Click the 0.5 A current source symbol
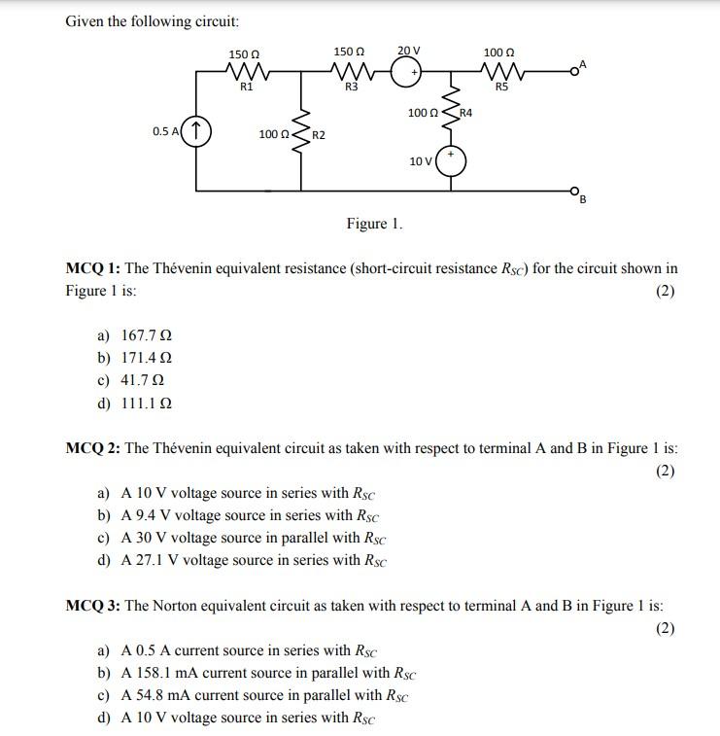tap(196, 130)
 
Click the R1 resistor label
tap(247, 88)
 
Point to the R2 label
tap(318, 133)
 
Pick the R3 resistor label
tap(351, 88)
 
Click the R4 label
tap(465, 114)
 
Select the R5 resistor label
tap(501, 88)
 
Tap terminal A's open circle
tap(574, 70)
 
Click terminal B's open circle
tap(574, 191)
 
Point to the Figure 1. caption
tap(374, 224)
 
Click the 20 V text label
tap(408, 50)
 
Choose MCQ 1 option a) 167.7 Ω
tap(135, 335)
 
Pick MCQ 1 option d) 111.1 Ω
tap(135, 403)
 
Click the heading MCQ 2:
tap(93, 448)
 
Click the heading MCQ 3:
tap(93, 606)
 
